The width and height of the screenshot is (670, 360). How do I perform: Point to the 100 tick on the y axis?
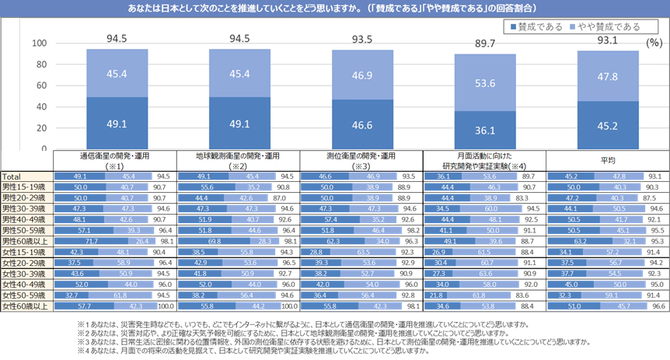pyautogui.click(x=39, y=44)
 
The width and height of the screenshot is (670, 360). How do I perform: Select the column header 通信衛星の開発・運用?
pyautogui.click(x=116, y=156)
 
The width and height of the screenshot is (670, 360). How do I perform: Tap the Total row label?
pyautogui.click(x=12, y=177)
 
